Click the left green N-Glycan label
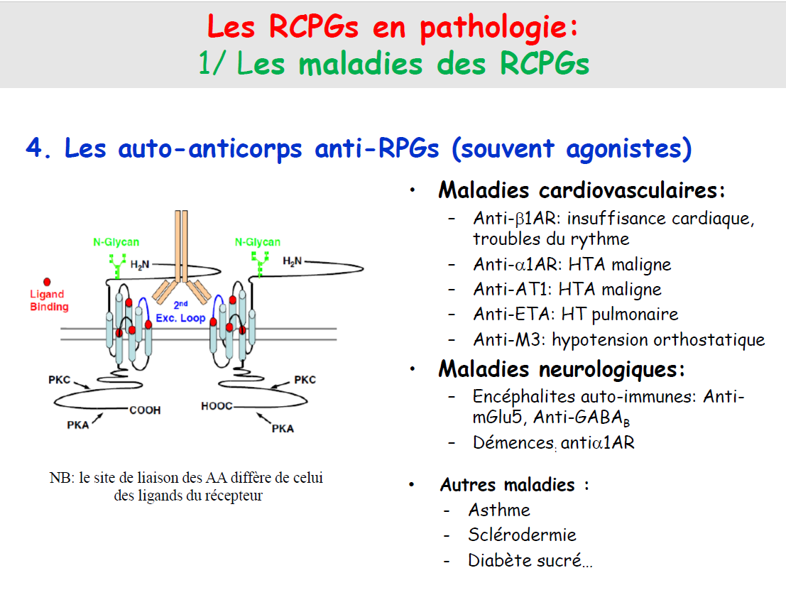pos(116,242)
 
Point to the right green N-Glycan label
pos(258,242)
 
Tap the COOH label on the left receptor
pos(145,410)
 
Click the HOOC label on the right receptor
pos(217,408)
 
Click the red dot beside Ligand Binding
pos(48,282)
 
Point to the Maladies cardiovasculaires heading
pos(582,191)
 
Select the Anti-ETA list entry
pos(575,314)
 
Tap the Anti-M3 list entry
pos(618,339)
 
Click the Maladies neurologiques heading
pos(562,369)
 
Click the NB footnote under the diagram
pos(187,486)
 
